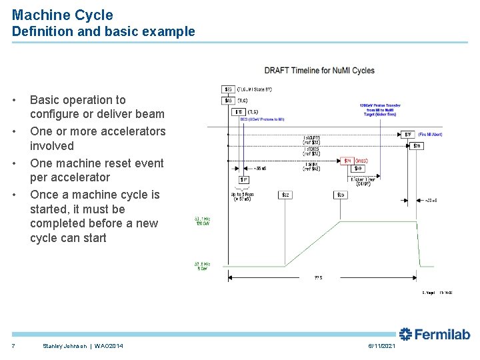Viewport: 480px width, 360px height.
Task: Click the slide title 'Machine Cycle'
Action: pos(63,15)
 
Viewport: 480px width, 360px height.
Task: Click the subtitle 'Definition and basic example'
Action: pos(103,31)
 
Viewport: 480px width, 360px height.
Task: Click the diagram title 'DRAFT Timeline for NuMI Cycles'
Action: pos(319,71)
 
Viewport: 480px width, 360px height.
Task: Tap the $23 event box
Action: pos(228,89)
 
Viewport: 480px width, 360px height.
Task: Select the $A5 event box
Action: pos(228,101)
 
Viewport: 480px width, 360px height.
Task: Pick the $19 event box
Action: pos(239,112)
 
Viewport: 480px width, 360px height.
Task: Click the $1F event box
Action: pos(245,179)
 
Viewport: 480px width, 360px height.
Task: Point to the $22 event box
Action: pos(285,195)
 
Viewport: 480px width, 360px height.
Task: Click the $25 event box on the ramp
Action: pos(340,195)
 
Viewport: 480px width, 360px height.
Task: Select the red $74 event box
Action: pos(347,161)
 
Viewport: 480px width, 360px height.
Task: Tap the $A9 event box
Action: pos(358,169)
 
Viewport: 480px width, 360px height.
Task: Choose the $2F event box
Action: pos(408,134)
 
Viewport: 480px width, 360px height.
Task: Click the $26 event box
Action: pos(417,145)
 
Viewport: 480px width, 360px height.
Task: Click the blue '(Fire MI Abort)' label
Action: pos(431,134)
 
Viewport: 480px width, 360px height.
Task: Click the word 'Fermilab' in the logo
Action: pos(444,334)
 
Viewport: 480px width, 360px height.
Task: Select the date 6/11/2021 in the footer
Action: pos(382,345)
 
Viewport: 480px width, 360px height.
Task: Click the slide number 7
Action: pos(13,345)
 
